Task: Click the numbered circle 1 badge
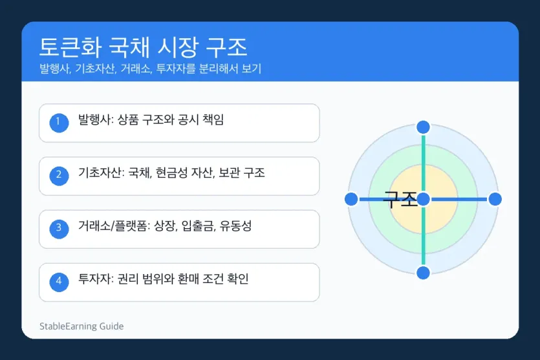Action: pos(59,123)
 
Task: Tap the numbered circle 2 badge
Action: pos(59,176)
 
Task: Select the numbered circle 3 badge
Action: pos(59,229)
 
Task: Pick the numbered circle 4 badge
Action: pos(59,282)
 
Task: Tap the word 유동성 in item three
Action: pos(235,226)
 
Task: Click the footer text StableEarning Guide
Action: pos(81,326)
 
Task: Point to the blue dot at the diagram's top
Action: pos(423,127)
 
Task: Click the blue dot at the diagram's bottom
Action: pos(423,273)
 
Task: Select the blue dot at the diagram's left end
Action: pos(351,199)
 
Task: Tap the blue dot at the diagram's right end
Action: pos(495,199)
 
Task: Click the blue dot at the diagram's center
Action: pos(423,199)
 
